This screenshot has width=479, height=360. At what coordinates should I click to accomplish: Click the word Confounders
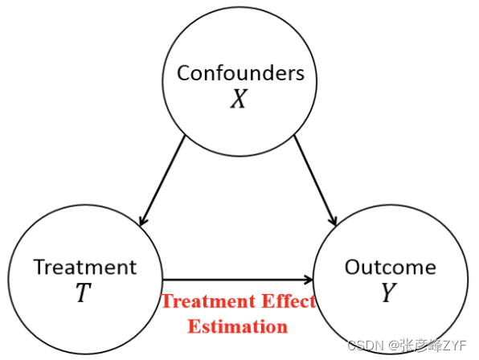[241, 73]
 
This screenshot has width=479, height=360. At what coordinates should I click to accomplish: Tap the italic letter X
[239, 99]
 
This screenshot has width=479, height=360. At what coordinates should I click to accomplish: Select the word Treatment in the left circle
[85, 267]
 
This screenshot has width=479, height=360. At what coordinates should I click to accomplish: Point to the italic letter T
[83, 292]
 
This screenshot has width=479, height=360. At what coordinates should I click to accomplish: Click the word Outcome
[391, 267]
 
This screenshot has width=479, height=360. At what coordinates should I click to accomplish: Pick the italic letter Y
[389, 292]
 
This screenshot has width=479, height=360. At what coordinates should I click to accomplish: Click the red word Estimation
[238, 326]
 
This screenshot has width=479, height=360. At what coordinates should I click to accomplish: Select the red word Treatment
[209, 301]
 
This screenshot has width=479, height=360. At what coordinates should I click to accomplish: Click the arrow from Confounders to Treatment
[162, 181]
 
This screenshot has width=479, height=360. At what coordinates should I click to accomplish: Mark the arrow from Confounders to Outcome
[315, 181]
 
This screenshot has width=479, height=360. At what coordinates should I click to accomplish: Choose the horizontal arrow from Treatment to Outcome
[238, 280]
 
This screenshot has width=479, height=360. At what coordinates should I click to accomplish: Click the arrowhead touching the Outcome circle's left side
[309, 280]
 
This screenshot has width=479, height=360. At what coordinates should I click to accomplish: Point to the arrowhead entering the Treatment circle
[143, 221]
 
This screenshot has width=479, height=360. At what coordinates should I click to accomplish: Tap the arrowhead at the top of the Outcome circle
[334, 221]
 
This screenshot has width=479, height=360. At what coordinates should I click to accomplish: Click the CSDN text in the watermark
[366, 346]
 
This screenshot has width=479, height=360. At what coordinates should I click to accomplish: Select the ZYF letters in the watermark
[455, 346]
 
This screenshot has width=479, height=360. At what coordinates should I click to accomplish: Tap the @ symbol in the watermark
[395, 346]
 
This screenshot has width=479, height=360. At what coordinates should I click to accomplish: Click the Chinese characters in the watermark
[422, 346]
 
